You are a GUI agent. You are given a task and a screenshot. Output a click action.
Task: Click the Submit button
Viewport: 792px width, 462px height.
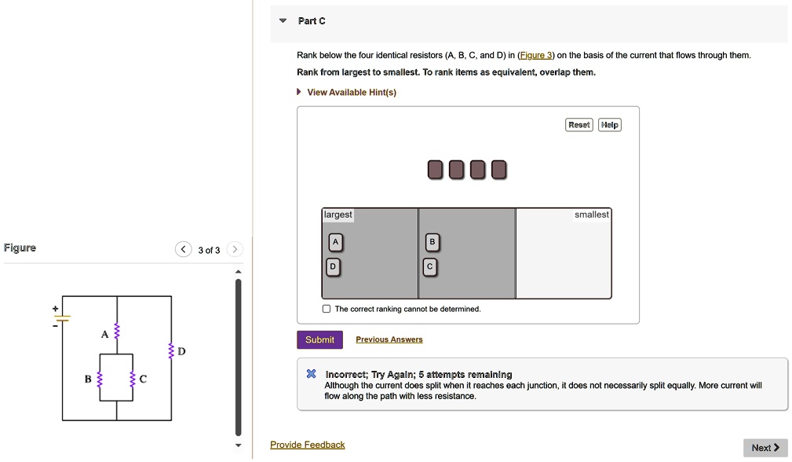click(319, 339)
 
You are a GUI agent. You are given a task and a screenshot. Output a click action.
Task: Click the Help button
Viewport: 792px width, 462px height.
click(609, 125)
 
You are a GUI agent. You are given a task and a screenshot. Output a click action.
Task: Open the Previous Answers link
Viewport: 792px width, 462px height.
click(389, 339)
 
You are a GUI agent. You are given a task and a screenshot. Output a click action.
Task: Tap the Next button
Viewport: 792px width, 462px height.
click(765, 448)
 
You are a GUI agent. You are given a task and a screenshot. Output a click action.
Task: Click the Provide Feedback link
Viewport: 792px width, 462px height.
click(307, 445)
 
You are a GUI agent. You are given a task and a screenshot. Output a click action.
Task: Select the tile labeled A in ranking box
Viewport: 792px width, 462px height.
click(334, 243)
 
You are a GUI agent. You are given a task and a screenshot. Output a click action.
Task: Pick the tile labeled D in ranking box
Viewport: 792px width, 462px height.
click(334, 267)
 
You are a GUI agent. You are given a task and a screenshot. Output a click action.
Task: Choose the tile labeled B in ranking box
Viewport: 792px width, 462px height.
click(431, 242)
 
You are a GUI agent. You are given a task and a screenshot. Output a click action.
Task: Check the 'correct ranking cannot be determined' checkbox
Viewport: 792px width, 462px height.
click(327, 309)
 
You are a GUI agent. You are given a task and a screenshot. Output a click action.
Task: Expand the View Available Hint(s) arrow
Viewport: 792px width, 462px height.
click(299, 93)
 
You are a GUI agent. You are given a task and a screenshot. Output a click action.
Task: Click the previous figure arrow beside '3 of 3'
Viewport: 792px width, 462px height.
click(183, 250)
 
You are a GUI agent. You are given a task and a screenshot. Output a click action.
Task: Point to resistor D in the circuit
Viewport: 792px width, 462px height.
click(171, 351)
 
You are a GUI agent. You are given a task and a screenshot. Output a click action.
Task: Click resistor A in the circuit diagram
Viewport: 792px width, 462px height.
click(117, 333)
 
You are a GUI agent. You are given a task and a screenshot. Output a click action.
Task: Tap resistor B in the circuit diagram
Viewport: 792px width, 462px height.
click(100, 379)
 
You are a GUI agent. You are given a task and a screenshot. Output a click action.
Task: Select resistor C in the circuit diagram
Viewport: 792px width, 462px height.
click(133, 379)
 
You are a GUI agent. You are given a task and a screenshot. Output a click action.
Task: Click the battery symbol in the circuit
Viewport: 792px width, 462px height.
click(63, 318)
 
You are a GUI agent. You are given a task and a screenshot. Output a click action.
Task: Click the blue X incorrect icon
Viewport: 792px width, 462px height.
click(311, 375)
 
